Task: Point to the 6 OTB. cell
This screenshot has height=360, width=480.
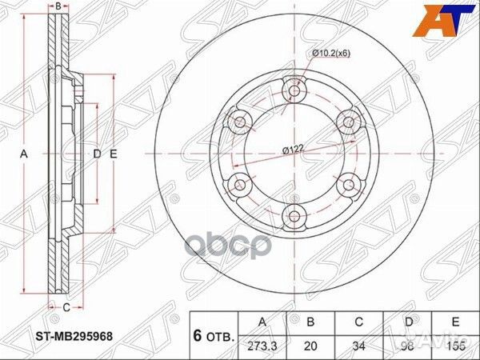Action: pos(213,335)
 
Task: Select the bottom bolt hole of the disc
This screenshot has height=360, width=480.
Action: pos(294,215)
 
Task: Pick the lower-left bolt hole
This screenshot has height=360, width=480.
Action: pos(239,184)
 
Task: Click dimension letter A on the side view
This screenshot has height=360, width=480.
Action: pos(24,153)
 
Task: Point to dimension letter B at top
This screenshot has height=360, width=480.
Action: pos(58,6)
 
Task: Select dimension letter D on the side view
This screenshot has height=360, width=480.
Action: pos(96,153)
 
